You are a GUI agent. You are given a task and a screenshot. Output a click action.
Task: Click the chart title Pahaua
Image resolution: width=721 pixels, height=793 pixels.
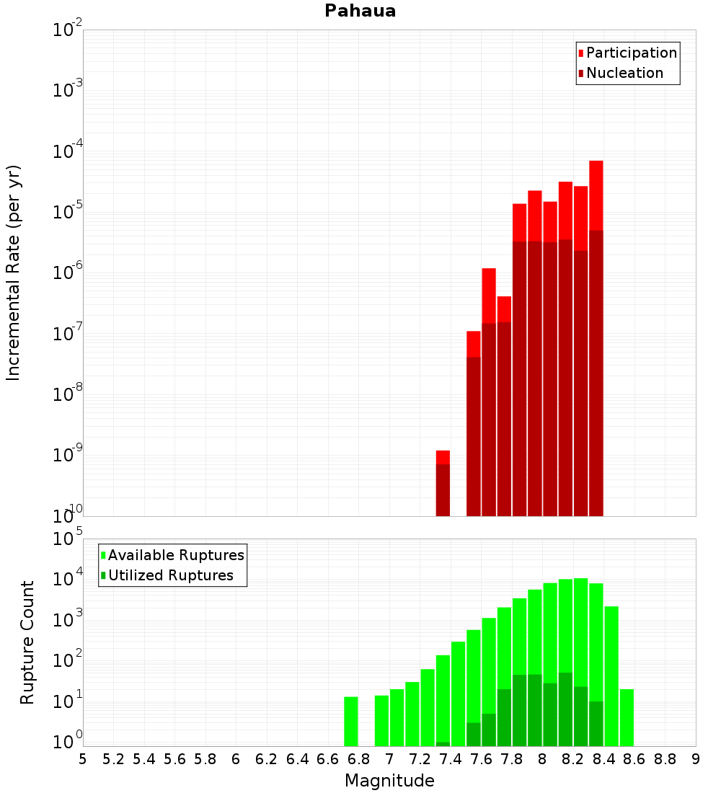[360, 11]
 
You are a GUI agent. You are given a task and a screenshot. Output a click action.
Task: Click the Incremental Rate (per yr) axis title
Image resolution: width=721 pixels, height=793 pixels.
[14, 273]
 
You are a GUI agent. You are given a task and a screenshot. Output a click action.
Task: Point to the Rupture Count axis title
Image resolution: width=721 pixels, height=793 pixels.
[27, 642]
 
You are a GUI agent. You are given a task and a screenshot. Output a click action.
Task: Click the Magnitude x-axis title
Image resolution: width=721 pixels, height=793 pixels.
[389, 781]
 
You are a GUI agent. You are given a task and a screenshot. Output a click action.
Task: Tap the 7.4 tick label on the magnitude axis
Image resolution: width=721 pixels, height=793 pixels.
[451, 759]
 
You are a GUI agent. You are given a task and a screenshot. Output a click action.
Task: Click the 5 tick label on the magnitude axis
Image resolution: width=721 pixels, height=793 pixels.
[83, 759]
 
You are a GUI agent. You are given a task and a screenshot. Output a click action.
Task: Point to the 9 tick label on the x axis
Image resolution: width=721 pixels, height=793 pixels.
[696, 759]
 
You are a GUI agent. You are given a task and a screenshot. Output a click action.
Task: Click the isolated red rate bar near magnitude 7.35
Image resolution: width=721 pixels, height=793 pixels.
[443, 483]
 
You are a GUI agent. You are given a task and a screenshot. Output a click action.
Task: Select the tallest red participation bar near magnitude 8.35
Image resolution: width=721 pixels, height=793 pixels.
[596, 195]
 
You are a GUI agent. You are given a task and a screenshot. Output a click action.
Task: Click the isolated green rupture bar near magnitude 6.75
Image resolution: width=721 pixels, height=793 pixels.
[351, 721]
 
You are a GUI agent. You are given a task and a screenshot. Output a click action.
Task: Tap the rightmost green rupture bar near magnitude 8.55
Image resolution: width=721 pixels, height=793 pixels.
[627, 717]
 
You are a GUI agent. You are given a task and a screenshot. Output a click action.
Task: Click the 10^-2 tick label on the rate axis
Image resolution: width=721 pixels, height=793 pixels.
[68, 30]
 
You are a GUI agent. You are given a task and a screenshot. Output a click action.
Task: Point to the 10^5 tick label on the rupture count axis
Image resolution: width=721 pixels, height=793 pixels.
[68, 539]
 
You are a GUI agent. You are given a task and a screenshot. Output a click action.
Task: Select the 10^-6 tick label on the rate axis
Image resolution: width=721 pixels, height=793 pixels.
[68, 273]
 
